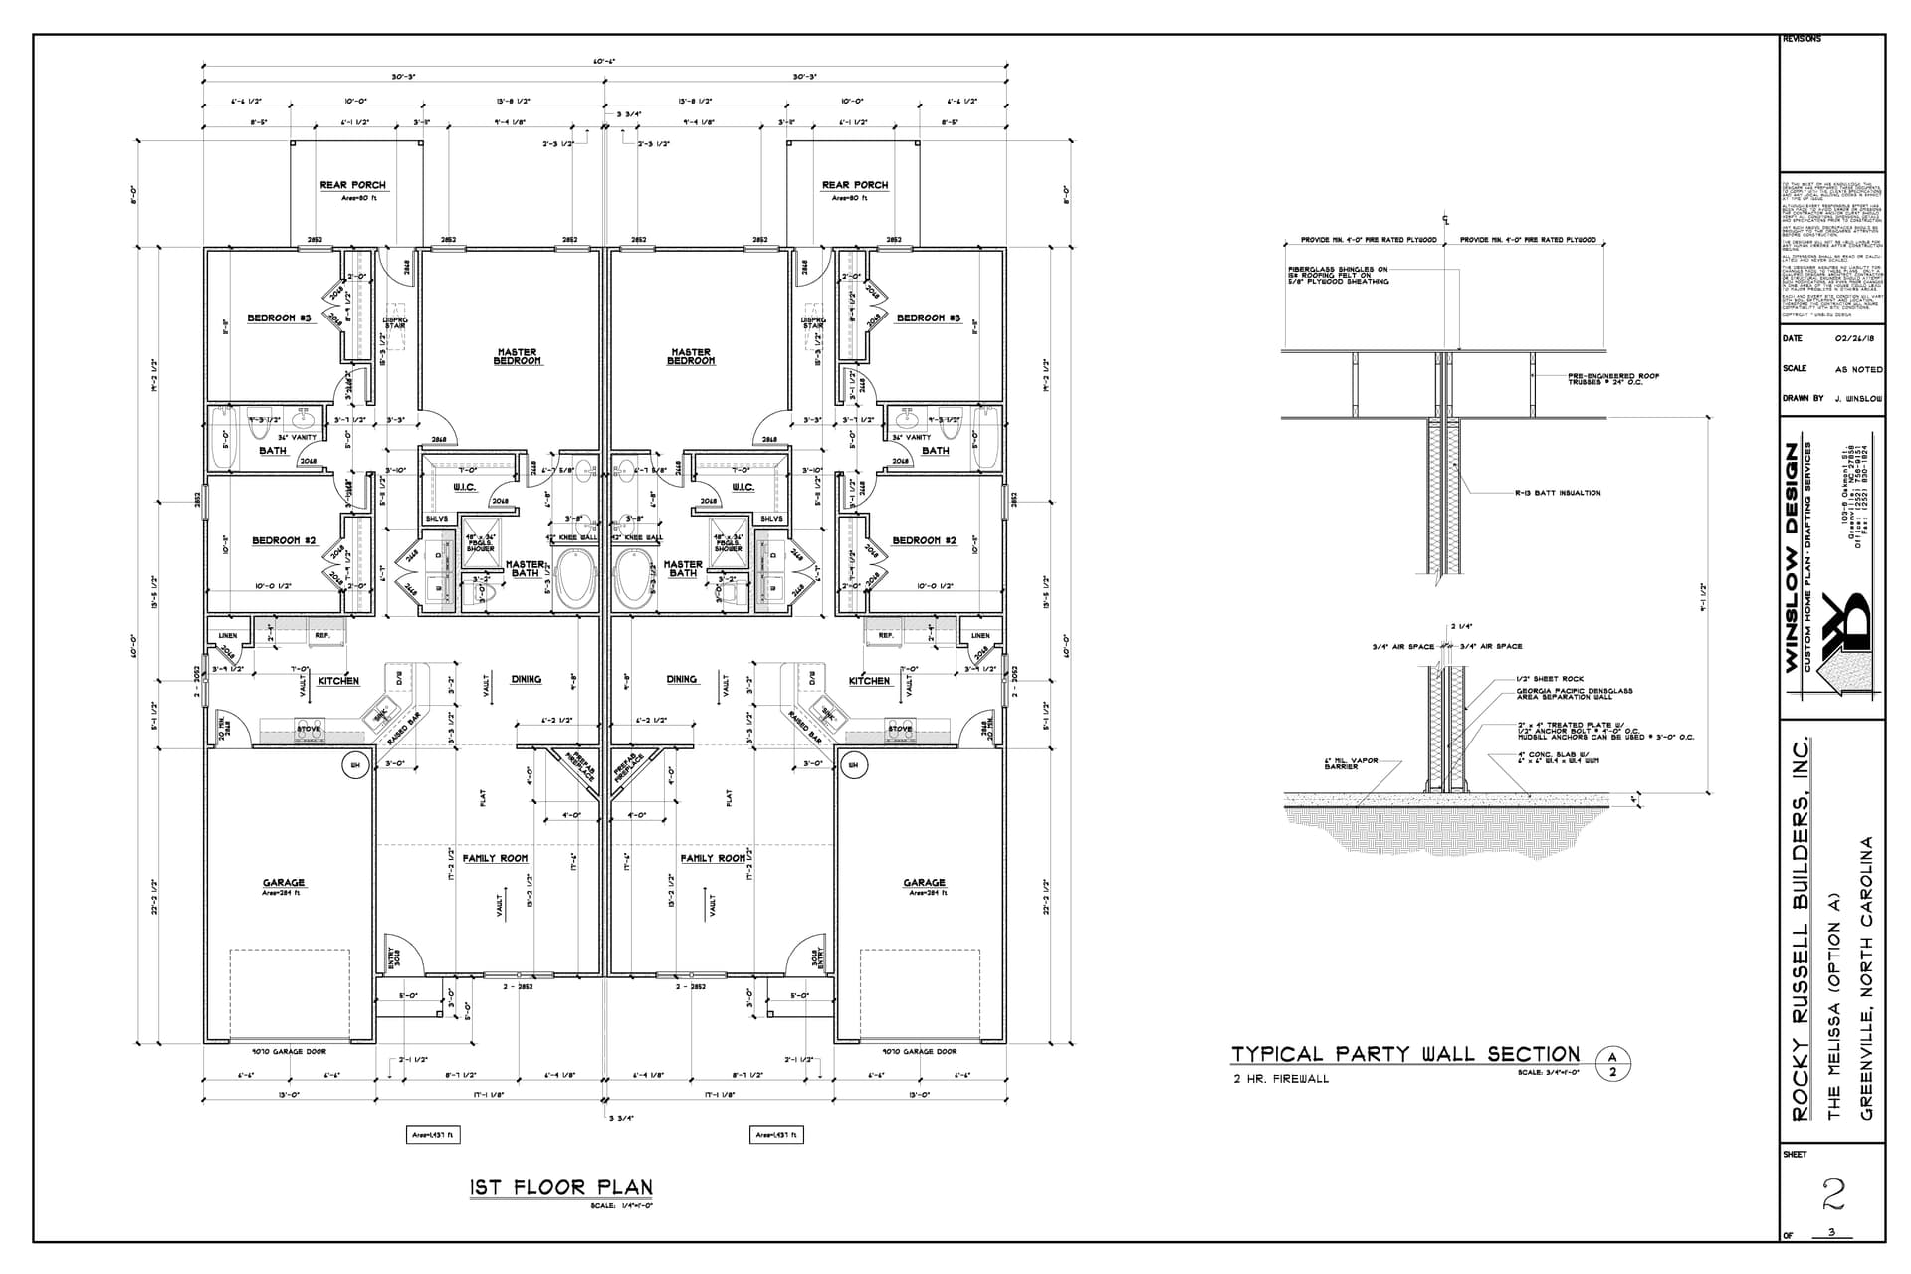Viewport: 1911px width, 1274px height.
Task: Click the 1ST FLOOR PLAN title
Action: (560, 1187)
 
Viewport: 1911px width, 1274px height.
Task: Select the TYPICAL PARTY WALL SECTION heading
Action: (1405, 1054)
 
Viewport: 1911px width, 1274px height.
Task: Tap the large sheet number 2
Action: (1833, 1192)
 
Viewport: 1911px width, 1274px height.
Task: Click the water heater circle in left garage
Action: (354, 765)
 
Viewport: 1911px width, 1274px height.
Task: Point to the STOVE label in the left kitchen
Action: (310, 729)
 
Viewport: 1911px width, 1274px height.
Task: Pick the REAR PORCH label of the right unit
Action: (854, 185)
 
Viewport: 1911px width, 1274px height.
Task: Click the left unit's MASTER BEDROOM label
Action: (517, 356)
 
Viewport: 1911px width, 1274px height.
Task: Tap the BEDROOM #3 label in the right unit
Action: (928, 318)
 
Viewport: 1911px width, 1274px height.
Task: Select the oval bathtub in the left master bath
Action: (574, 580)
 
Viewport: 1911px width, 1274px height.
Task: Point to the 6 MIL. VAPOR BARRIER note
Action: (1351, 764)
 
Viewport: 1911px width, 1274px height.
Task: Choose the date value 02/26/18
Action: (1853, 339)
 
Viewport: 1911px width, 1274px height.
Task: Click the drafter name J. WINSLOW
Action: (1857, 399)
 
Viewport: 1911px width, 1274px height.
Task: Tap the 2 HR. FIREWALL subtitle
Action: (1279, 1079)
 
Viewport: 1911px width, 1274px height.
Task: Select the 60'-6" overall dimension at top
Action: (604, 62)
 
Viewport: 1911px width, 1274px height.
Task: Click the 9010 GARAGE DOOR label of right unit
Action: (918, 1052)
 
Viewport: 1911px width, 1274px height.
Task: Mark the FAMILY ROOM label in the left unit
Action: (495, 858)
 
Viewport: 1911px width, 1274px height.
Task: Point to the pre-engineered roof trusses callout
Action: (1612, 379)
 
